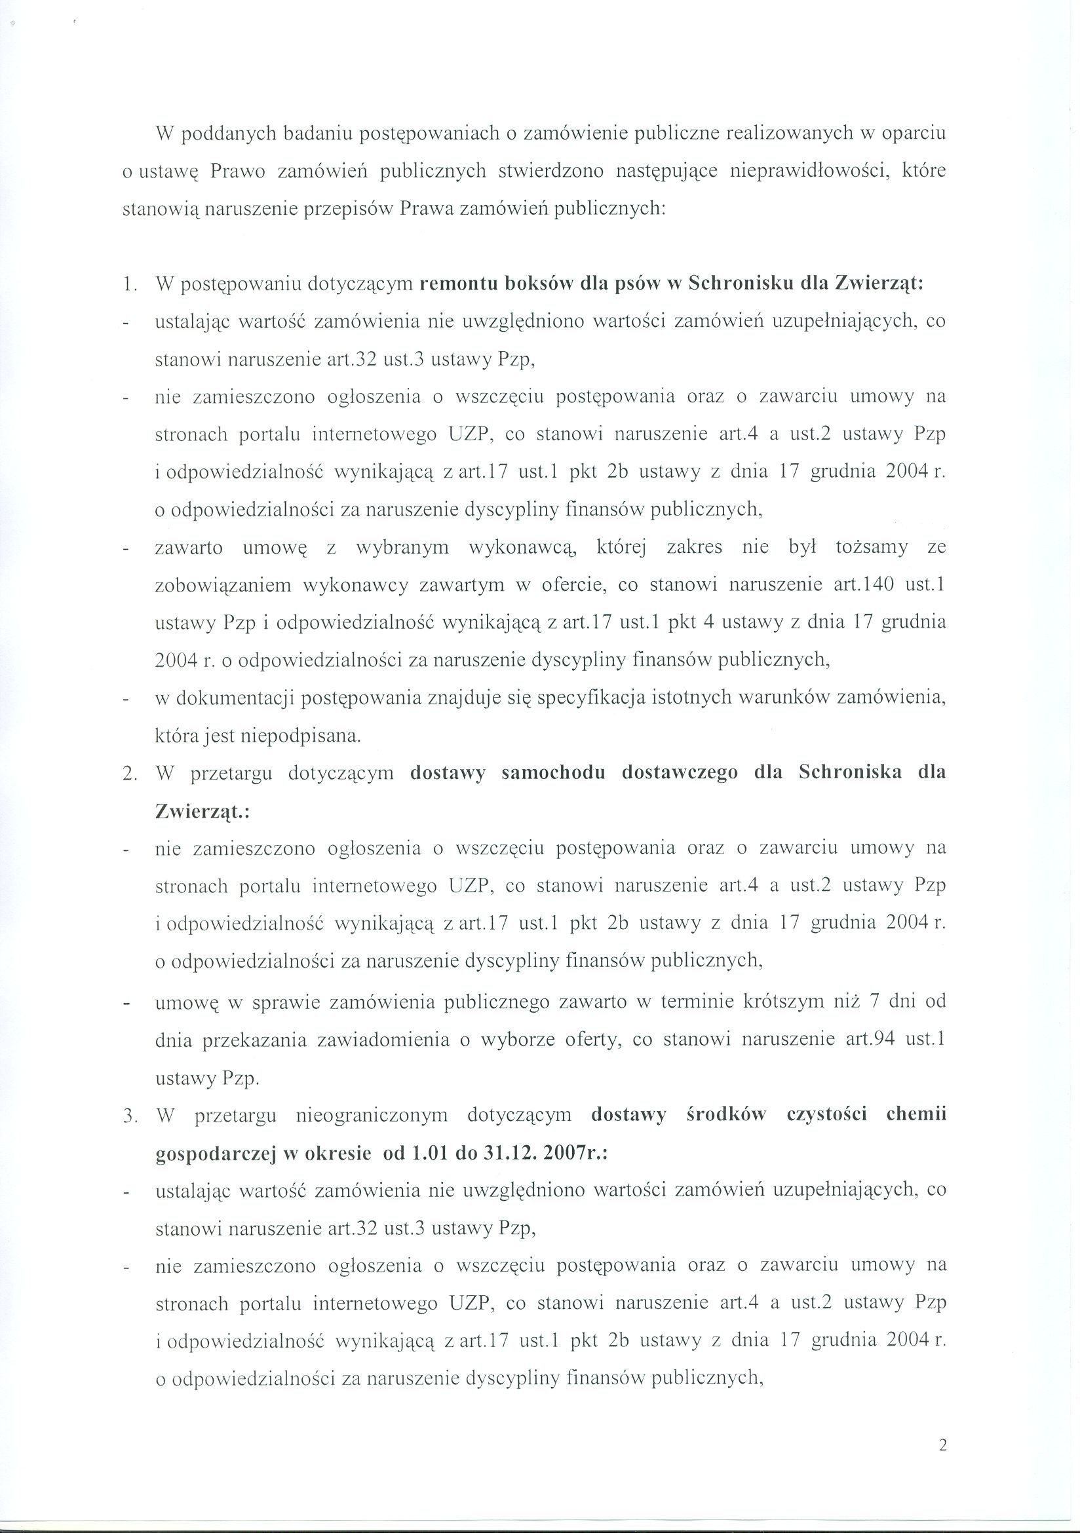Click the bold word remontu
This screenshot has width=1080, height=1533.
point(457,283)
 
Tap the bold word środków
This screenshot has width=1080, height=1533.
point(726,1116)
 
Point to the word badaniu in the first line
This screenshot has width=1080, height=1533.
point(318,134)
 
